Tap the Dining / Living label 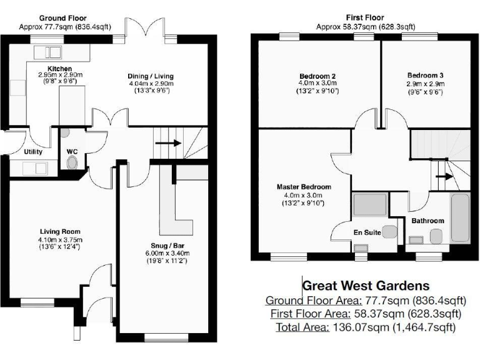(x=149, y=75)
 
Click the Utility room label (x=33, y=152)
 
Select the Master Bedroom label (x=304, y=187)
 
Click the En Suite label (x=367, y=232)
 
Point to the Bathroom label (x=427, y=221)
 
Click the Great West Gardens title (x=357, y=286)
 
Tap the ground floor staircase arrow (x=168, y=142)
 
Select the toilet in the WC (x=72, y=162)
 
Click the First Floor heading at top (x=365, y=18)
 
